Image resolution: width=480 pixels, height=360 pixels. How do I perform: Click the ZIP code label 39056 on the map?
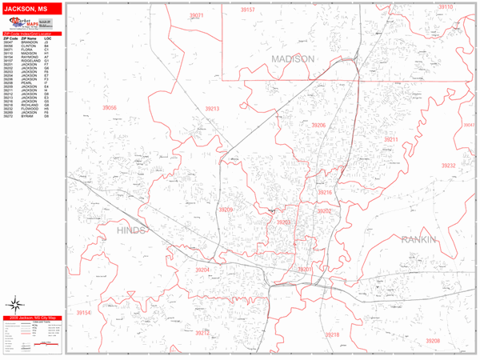point(110,108)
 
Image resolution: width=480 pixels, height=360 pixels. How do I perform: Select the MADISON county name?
point(293,60)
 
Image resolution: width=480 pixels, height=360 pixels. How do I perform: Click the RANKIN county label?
point(419,239)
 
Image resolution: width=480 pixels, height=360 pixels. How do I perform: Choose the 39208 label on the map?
point(432,341)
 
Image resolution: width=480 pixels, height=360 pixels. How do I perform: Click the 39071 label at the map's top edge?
point(197,15)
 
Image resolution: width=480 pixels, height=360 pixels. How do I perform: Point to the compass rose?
point(16,305)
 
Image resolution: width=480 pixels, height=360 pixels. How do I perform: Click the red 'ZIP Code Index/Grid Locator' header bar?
point(33,34)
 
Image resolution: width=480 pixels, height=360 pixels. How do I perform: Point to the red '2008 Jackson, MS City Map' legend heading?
point(33,318)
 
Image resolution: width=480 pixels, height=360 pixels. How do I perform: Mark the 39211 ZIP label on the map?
point(390,140)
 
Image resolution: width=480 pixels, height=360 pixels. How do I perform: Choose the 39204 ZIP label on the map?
point(202,270)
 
